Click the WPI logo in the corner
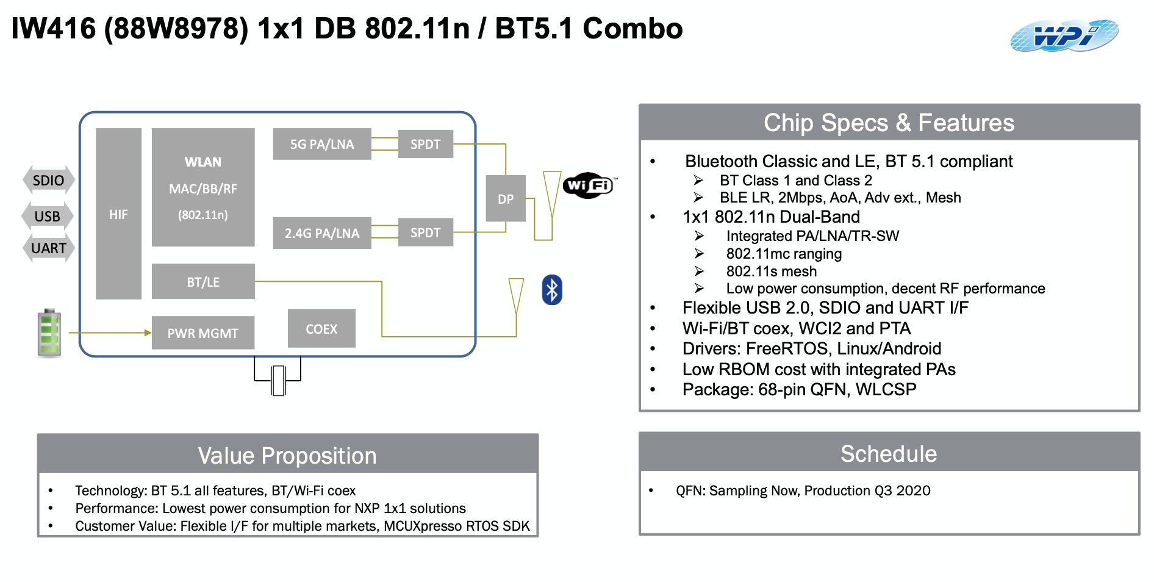click(1064, 35)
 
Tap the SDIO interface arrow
click(48, 181)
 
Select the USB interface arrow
click(47, 217)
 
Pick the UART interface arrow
click(48, 248)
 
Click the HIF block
click(118, 214)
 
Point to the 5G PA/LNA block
click(321, 144)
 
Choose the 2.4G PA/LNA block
click(321, 233)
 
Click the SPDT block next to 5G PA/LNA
click(425, 144)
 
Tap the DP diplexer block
click(506, 199)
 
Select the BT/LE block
click(203, 282)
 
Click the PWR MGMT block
click(202, 333)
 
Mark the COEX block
click(321, 329)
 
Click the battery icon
click(49, 333)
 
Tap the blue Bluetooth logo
click(551, 290)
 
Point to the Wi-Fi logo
click(589, 185)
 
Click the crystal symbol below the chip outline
click(278, 380)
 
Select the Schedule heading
click(888, 454)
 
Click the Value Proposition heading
click(287, 456)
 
